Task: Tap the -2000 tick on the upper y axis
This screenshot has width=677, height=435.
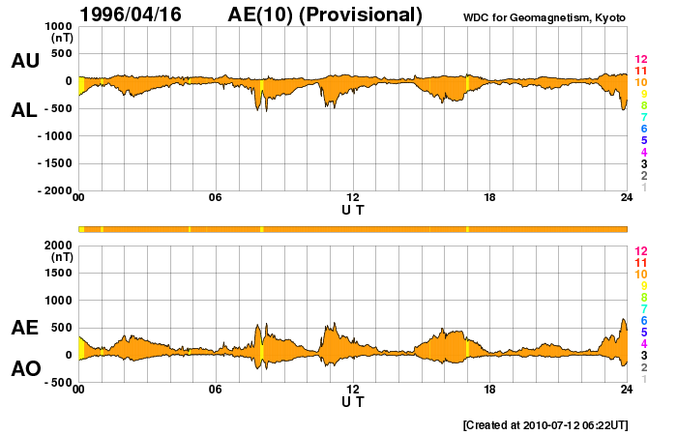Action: (x=56, y=190)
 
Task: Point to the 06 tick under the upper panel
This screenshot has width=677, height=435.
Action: (x=216, y=198)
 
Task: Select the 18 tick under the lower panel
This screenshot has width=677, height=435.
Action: (x=489, y=390)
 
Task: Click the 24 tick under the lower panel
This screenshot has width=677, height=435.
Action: (x=627, y=390)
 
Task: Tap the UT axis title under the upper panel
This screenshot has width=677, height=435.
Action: (x=352, y=209)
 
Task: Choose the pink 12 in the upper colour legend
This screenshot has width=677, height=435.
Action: (x=639, y=60)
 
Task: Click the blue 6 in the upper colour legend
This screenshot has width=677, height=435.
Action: (x=643, y=129)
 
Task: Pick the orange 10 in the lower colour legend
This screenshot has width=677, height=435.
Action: (x=639, y=275)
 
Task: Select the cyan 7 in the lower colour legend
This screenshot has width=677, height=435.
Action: (x=643, y=308)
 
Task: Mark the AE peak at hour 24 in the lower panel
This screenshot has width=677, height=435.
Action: (x=624, y=319)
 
